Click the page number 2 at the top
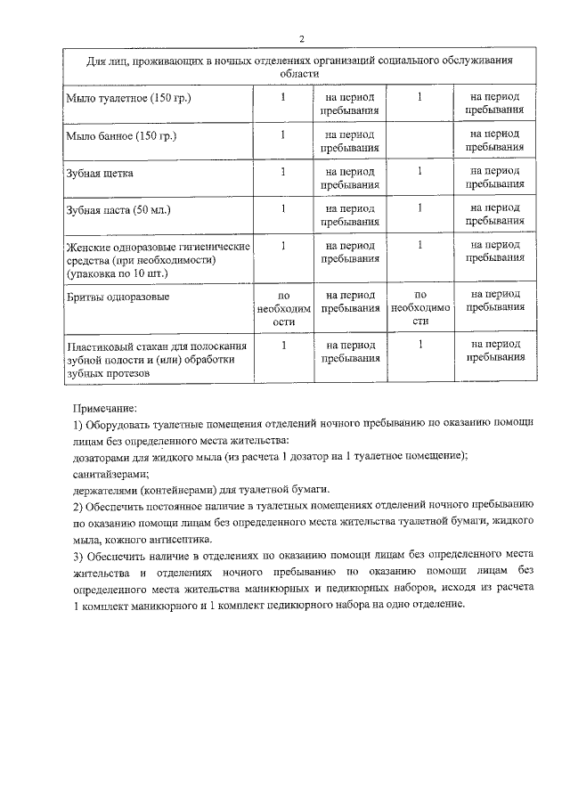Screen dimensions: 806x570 pos(301,39)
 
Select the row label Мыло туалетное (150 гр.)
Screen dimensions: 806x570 pos(128,96)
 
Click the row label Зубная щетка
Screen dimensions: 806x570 pos(100,172)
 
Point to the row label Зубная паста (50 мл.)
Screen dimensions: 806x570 pos(118,209)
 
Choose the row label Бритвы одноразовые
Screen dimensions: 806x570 pos(118,295)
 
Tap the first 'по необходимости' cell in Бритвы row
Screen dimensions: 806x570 pos(283,307)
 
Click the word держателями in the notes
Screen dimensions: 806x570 pos(107,490)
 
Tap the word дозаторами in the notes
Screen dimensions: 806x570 pos(102,456)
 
